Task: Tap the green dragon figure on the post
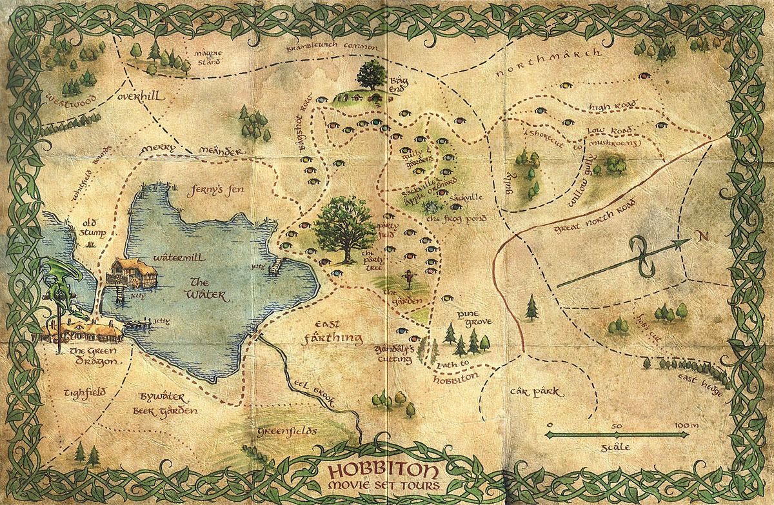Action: pos(62,284)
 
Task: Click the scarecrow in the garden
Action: pos(406,280)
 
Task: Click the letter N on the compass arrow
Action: pos(702,236)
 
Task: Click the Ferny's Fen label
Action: pos(210,191)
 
